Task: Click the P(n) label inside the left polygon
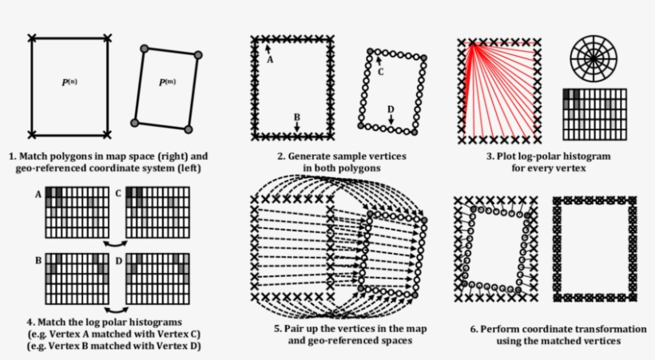pyautogui.click(x=69, y=82)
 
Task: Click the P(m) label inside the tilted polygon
pyautogui.click(x=167, y=82)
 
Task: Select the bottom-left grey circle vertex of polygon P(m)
pyautogui.click(x=135, y=122)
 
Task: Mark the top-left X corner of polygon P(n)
pyautogui.click(x=32, y=38)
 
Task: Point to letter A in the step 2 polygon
pyautogui.click(x=269, y=60)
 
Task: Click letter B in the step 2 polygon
pyautogui.click(x=296, y=117)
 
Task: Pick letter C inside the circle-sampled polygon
pyautogui.click(x=380, y=72)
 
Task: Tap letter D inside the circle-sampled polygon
pyautogui.click(x=391, y=109)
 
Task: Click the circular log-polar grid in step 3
pyautogui.click(x=594, y=58)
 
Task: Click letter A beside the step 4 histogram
pyautogui.click(x=38, y=194)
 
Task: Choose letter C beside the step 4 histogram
pyautogui.click(x=117, y=194)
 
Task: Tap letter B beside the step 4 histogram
pyautogui.click(x=38, y=260)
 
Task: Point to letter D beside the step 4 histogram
pyautogui.click(x=117, y=260)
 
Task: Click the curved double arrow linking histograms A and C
pyautogui.click(x=117, y=240)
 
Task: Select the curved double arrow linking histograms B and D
pyautogui.click(x=117, y=307)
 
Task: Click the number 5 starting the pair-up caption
pyautogui.click(x=276, y=328)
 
